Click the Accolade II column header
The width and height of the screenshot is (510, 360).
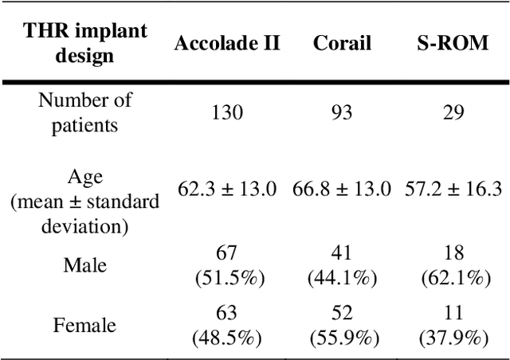click(227, 43)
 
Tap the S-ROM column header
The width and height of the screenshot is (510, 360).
click(453, 43)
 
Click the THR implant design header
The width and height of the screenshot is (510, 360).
click(85, 43)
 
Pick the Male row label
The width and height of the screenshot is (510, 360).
click(85, 264)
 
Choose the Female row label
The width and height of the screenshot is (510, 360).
click(85, 325)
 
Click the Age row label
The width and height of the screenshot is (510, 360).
click(85, 190)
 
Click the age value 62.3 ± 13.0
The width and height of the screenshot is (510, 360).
click(227, 190)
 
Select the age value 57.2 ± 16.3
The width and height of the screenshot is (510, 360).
click(453, 190)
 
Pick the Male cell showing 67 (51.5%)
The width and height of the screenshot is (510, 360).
click(227, 264)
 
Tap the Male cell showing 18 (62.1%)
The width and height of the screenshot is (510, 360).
click(453, 264)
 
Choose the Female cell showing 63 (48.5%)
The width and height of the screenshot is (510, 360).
click(227, 325)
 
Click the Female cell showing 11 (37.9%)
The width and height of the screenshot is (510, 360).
click(453, 325)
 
